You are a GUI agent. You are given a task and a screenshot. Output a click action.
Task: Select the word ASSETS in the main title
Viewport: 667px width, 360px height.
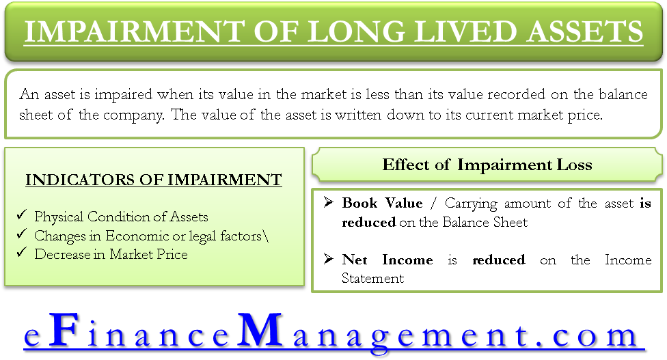pos(585,31)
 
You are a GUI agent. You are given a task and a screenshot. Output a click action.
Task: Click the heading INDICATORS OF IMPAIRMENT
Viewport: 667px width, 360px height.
pos(154,180)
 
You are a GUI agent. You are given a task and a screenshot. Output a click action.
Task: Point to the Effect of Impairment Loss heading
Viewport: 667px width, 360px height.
pos(487,165)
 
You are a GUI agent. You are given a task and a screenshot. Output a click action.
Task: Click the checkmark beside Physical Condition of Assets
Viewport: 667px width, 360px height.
pos(22,214)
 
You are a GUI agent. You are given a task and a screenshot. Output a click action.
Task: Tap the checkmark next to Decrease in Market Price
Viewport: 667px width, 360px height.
pos(22,253)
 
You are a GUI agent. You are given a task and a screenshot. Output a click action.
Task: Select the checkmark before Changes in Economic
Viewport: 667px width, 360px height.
pos(22,234)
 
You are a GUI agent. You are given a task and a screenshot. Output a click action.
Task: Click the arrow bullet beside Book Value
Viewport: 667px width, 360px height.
pos(328,202)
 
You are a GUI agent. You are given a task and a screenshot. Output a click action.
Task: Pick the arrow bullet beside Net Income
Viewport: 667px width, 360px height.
pos(328,258)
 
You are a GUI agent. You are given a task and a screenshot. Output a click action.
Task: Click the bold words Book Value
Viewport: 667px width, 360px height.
pos(382,203)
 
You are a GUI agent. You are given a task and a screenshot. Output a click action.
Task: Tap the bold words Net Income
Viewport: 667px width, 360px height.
pos(387,260)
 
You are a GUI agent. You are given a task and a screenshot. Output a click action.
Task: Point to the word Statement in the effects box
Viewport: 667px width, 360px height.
pos(372,278)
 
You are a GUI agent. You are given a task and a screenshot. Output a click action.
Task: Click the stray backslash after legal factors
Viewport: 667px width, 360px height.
pos(266,236)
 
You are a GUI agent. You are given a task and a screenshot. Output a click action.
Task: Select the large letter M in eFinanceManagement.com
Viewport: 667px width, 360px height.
pos(260,330)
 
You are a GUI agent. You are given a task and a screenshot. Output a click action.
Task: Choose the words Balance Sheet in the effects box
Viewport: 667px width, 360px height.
pos(485,222)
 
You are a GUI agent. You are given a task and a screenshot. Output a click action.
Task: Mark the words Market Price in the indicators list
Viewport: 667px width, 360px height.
pos(148,254)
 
